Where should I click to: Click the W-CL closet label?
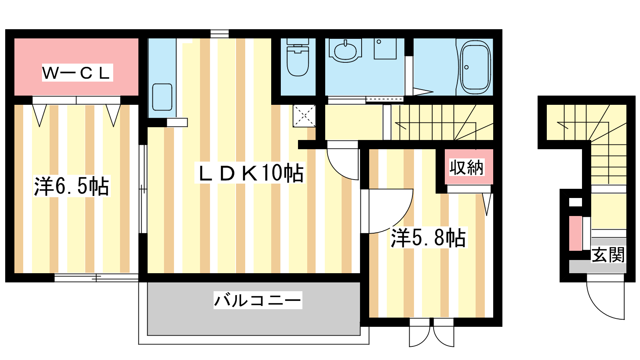point(77,73)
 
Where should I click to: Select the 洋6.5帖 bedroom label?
point(72,186)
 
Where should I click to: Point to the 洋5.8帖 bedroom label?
point(428,238)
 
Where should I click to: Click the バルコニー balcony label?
point(258,300)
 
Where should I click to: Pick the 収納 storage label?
point(466,167)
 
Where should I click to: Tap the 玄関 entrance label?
point(608,254)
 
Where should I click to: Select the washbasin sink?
point(346,51)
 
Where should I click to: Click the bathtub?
point(475,67)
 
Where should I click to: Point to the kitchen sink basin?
point(162,97)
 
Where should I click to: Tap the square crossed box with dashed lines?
point(304,116)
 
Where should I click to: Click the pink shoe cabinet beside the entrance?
point(576,234)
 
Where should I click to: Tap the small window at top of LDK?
point(220,34)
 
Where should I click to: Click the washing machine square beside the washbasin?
point(385,49)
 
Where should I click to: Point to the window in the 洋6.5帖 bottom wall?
point(96,278)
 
